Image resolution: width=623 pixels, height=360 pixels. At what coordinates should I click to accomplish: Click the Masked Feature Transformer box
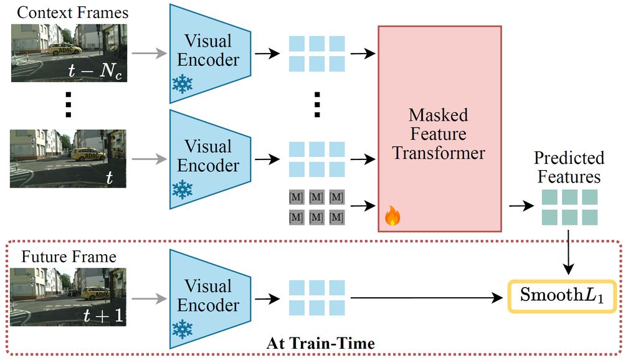click(439, 128)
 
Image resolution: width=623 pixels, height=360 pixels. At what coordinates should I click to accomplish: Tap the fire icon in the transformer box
click(392, 216)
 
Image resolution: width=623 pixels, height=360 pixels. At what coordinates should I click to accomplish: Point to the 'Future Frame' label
click(69, 257)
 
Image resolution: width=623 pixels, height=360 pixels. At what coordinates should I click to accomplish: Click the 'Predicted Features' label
click(569, 167)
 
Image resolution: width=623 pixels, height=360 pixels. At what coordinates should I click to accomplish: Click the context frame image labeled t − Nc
click(69, 53)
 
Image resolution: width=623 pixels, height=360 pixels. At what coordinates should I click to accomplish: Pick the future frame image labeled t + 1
click(69, 297)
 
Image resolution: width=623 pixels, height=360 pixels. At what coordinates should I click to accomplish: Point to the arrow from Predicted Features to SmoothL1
click(568, 252)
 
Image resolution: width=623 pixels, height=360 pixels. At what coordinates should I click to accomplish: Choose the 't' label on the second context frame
click(110, 178)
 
